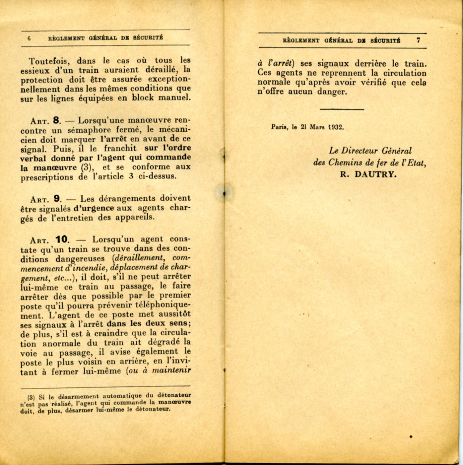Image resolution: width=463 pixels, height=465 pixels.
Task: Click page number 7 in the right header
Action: (418, 40)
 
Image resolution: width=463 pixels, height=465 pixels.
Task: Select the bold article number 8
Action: (55, 119)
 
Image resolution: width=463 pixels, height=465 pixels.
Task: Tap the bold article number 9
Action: (57, 199)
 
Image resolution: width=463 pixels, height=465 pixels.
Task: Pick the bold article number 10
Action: (61, 239)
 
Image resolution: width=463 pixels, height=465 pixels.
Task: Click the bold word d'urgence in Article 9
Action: (93, 208)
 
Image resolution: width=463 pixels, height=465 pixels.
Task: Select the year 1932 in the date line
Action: (336, 127)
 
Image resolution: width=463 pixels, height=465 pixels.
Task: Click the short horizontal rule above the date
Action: (342, 109)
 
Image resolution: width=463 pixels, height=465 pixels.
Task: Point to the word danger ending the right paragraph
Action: (333, 92)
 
